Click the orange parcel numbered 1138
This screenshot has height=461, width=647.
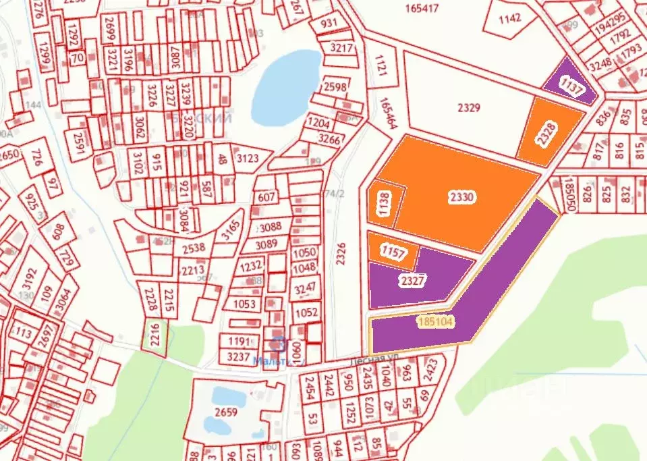point(385,204)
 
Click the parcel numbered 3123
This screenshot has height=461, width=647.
point(248,159)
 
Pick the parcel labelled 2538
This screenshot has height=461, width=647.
point(189,248)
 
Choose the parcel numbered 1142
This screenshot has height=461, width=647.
point(509,18)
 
